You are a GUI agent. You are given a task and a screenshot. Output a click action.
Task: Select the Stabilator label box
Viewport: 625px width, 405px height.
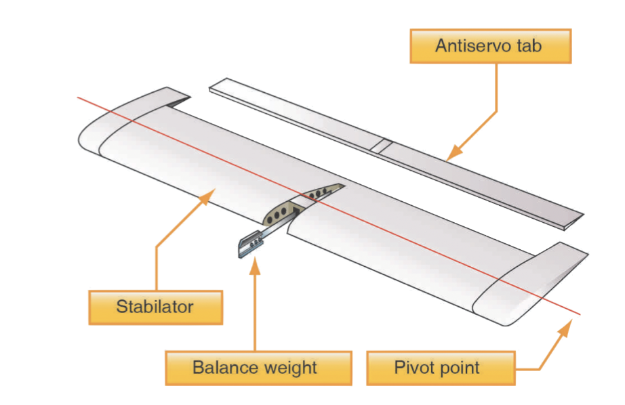point(155,307)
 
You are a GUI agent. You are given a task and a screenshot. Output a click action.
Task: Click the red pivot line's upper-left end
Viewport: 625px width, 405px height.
point(78,98)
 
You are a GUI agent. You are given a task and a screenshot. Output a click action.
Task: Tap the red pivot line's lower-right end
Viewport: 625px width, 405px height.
point(580,314)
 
